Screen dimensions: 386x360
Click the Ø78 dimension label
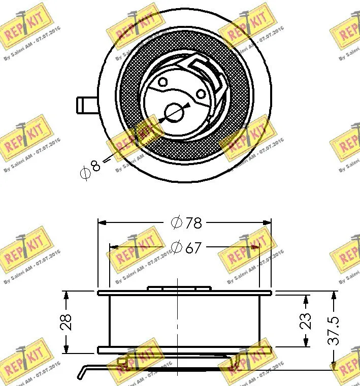(x=186, y=222)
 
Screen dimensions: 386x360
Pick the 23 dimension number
(x=306, y=321)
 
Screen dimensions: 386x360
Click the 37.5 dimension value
(x=334, y=330)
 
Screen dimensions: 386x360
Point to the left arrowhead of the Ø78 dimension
(x=102, y=222)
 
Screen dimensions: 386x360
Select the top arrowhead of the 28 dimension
(x=65, y=295)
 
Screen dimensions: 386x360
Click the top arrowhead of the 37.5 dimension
(x=334, y=295)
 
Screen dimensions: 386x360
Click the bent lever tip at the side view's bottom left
(x=81, y=374)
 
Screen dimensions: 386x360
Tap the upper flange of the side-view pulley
(x=184, y=293)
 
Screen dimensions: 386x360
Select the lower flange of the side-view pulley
(x=184, y=350)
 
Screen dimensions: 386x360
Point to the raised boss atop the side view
(x=179, y=288)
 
